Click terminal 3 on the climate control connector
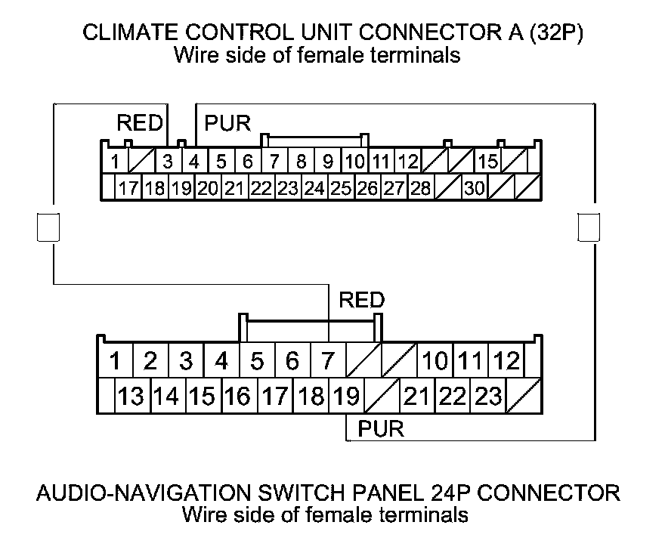[167, 161]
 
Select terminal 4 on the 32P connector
[194, 161]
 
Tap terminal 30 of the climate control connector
[475, 188]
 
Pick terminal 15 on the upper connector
[488, 161]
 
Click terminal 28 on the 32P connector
[421, 188]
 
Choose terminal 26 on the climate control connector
[367, 188]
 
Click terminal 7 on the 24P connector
[328, 361]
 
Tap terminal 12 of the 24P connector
[506, 361]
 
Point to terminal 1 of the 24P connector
[115, 361]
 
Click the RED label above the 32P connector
[139, 123]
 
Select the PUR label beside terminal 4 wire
[227, 123]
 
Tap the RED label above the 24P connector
[362, 301]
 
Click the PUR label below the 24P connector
[381, 430]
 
